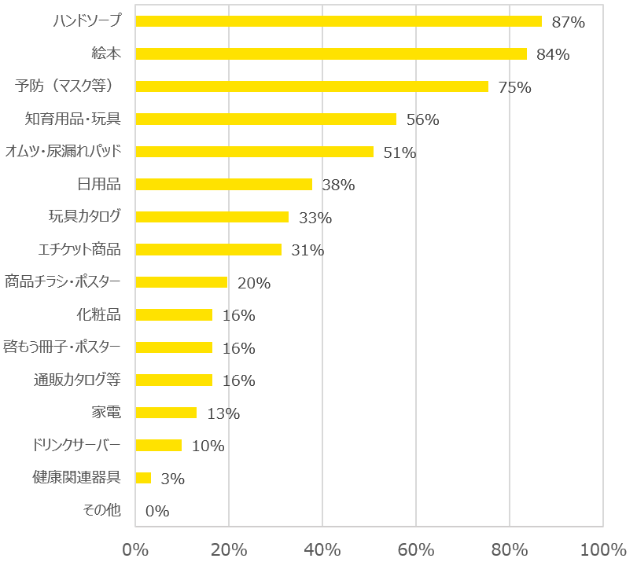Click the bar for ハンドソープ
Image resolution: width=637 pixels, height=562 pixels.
click(338, 21)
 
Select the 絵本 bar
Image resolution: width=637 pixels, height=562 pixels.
click(331, 53)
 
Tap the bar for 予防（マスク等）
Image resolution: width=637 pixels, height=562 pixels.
click(311, 86)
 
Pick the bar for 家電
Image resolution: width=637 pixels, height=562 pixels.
click(166, 413)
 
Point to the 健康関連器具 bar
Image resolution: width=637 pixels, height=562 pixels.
click(143, 478)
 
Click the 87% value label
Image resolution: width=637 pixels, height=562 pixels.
click(569, 23)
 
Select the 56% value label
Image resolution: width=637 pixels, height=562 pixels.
click(422, 120)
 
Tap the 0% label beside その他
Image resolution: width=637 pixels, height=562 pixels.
click(157, 512)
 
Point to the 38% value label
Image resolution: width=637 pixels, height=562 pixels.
click(339, 185)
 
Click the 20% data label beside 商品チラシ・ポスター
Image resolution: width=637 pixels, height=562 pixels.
click(254, 284)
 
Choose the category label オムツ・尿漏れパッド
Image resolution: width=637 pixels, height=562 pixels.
click(63, 151)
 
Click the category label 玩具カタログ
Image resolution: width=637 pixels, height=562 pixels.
click(84, 216)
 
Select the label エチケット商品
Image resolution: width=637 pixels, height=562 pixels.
click(79, 249)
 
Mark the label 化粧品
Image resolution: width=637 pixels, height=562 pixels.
click(98, 314)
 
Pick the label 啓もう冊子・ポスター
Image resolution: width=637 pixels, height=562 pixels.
click(63, 347)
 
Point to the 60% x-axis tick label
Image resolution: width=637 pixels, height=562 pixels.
click(416, 548)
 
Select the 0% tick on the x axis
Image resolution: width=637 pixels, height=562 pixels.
click(135, 548)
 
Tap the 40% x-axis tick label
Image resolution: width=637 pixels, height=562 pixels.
click(322, 548)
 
